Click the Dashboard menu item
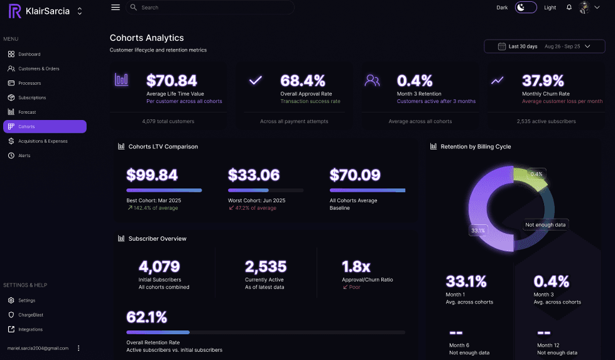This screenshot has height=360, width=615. (x=29, y=55)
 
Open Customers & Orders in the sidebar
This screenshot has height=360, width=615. (x=38, y=69)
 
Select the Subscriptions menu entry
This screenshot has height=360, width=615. (x=32, y=98)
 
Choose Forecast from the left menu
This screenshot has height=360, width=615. (x=27, y=112)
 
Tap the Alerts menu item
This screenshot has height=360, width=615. (x=24, y=156)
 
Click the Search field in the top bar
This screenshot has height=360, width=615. (x=210, y=8)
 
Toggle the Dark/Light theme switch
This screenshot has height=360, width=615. (x=526, y=8)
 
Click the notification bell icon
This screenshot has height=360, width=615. (x=569, y=8)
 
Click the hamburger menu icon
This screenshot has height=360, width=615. (x=115, y=8)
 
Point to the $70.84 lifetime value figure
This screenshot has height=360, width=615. (x=171, y=81)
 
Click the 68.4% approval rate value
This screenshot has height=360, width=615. (x=303, y=81)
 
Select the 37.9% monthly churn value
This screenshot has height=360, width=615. (x=543, y=81)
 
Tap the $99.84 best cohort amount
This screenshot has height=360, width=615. (x=152, y=175)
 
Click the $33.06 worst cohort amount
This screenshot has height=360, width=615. (x=254, y=175)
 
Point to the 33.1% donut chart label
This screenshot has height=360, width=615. (x=478, y=231)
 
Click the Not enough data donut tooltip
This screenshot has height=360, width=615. (x=545, y=225)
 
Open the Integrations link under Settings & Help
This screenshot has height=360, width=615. (x=30, y=330)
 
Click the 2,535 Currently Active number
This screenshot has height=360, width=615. (x=266, y=267)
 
